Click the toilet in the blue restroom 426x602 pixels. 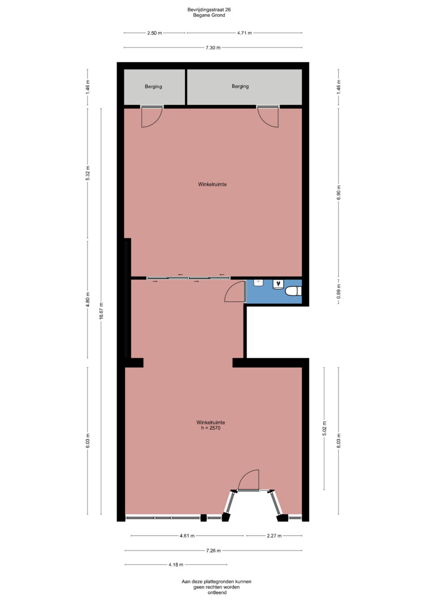point(294,291)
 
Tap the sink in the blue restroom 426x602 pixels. point(259,283)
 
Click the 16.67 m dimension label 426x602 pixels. point(101,311)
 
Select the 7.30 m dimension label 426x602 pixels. point(213,48)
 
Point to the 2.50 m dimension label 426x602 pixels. point(155,33)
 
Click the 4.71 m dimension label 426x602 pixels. point(245,33)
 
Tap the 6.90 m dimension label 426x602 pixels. point(339,192)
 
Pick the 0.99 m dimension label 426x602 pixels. point(339,291)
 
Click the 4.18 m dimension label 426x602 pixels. point(176,565)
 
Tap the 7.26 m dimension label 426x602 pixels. point(213,551)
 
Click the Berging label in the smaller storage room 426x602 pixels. point(153,86)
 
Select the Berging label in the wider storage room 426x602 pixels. point(240,86)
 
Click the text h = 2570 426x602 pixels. point(211,428)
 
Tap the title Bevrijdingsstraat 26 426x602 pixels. point(209,10)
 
